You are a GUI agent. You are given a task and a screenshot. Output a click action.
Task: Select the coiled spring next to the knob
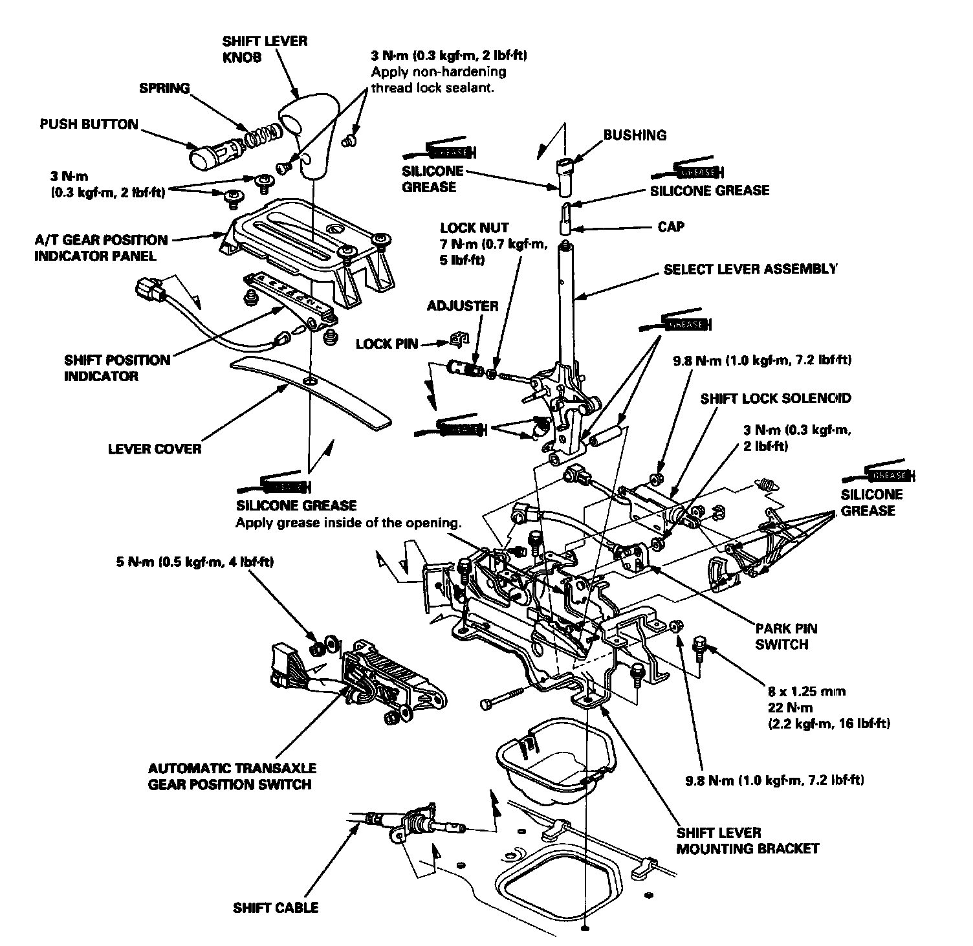(264, 134)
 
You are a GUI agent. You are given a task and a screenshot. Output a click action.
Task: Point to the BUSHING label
(634, 135)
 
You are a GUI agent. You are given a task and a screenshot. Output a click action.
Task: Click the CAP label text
(670, 227)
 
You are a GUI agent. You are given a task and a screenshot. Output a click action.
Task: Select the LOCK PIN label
(387, 344)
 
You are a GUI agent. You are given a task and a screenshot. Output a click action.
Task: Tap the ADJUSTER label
(463, 306)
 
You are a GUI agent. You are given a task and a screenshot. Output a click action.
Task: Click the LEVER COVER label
(155, 448)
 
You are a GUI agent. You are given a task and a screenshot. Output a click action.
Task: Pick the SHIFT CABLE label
(276, 908)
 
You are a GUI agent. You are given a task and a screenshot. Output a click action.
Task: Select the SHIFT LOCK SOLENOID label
(776, 399)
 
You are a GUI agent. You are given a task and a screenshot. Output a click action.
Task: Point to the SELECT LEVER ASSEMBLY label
(750, 269)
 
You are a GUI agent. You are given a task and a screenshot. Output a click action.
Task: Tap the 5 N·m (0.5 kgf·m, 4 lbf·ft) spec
(191, 562)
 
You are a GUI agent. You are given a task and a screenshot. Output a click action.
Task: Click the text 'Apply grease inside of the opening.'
(347, 522)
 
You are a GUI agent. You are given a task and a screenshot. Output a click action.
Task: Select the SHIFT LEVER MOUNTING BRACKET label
(747, 840)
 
